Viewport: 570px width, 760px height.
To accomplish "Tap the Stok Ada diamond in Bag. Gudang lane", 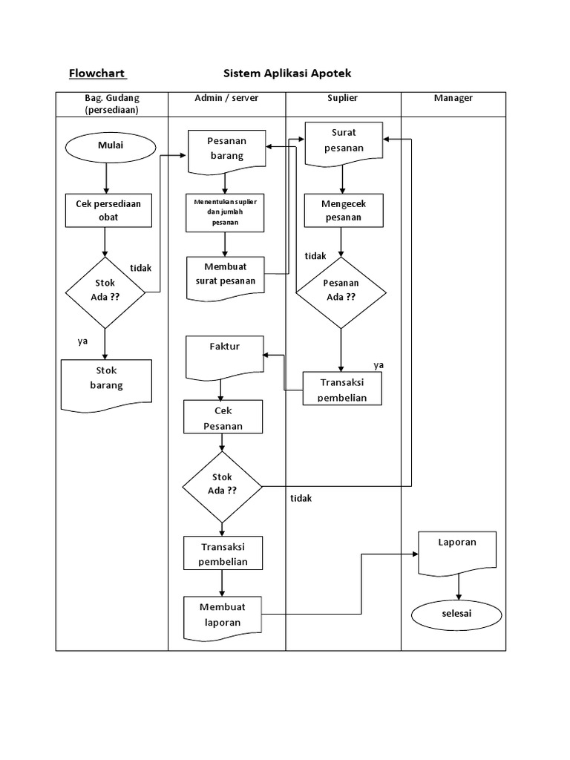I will [x=105, y=292].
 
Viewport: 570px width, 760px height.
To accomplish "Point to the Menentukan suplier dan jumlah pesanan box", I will [x=225, y=212].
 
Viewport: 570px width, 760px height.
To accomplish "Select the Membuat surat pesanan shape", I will [x=225, y=275].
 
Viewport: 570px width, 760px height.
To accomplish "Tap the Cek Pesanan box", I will [x=223, y=417].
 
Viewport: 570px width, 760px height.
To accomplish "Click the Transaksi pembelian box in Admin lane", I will [x=223, y=553].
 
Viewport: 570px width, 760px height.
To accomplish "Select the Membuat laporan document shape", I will [x=223, y=613].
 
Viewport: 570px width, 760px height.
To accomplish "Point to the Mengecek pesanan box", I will [x=342, y=210].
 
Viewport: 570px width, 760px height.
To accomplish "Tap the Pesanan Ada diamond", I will [x=341, y=292].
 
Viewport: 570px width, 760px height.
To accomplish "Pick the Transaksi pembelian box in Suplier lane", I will [x=341, y=388].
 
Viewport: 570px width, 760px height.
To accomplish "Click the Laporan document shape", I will [x=457, y=551].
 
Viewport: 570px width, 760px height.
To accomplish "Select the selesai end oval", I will [x=456, y=614].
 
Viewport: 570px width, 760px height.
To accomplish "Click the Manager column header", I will [x=453, y=98].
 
